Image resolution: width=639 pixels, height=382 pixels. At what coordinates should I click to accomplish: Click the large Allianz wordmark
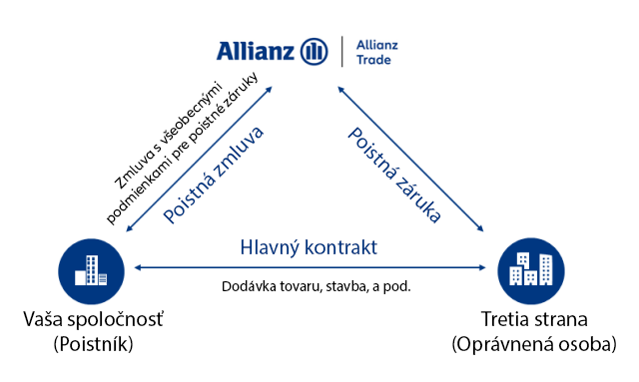tap(256, 51)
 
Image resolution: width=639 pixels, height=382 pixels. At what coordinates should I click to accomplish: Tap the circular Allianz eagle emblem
tap(314, 51)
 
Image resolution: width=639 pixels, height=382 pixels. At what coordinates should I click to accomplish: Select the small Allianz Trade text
tap(377, 52)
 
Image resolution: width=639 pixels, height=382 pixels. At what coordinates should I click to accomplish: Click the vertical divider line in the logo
tap(341, 51)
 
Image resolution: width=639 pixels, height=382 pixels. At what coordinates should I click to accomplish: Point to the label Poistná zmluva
tap(213, 176)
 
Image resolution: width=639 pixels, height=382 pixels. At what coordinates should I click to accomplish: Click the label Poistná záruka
tap(394, 175)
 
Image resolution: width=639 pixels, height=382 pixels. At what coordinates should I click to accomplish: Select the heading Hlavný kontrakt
tap(309, 247)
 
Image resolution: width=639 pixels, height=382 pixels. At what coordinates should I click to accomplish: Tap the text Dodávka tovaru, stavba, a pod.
tap(317, 286)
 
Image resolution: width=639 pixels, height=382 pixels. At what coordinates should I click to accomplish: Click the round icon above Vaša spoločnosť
tap(91, 271)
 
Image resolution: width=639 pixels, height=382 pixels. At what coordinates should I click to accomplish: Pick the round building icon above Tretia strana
tap(531, 271)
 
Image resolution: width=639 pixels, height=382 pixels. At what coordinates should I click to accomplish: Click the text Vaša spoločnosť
tap(93, 319)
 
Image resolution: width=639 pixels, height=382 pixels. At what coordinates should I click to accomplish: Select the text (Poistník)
tap(93, 344)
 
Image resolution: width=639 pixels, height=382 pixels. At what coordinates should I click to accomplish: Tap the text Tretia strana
tap(534, 319)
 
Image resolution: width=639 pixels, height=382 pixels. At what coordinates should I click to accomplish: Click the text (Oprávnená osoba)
tap(534, 344)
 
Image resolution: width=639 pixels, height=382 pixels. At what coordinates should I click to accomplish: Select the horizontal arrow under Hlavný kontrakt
tap(310, 267)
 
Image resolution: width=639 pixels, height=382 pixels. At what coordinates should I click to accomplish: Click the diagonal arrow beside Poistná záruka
tap(410, 159)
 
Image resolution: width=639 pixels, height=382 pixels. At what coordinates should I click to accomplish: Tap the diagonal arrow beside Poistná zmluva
tap(200, 159)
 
